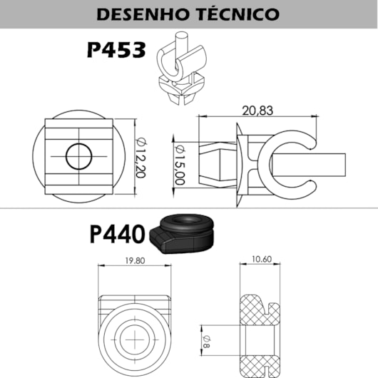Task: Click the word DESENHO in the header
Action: coord(142,14)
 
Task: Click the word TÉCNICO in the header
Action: coord(238,14)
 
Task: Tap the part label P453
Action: coord(116,50)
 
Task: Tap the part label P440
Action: coord(117,234)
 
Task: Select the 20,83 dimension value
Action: coord(257,111)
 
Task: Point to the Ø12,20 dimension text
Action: coord(141,158)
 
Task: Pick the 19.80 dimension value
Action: coord(135,260)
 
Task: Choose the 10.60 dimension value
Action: coord(262,259)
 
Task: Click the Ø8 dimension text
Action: coord(207,341)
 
